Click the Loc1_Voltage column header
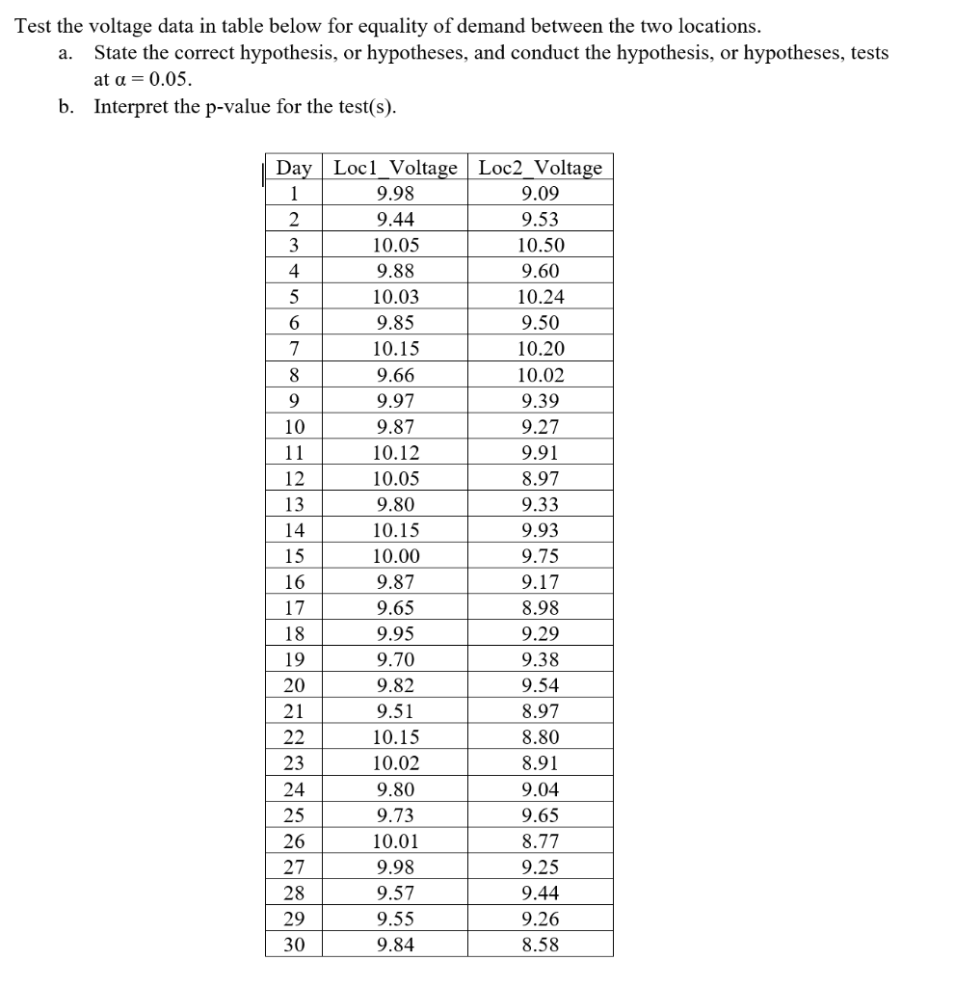coord(395,168)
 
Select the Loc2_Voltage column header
coord(540,168)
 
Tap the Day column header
coord(294,168)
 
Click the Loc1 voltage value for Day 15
coord(395,556)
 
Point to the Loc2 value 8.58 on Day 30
coord(540,945)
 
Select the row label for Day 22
coord(294,737)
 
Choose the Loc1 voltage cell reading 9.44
coord(395,220)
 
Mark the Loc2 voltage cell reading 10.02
coord(540,375)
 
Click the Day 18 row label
coord(294,634)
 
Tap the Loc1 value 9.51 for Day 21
coord(395,712)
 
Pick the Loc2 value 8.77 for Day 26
coord(540,841)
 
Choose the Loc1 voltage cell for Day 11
coord(395,453)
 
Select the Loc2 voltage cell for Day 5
coord(540,298)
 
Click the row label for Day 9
coord(294,401)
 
